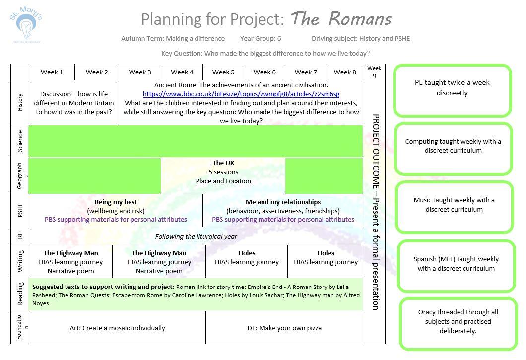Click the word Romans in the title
pos(360,19)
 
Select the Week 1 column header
pos(52,72)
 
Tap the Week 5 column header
pos(223,72)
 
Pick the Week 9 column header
pos(374,72)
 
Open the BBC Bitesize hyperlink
pos(241,94)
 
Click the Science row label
pos(20,141)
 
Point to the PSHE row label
pos(20,210)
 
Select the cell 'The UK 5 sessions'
pos(223,172)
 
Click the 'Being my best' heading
pos(116,202)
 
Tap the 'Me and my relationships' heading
pos(283,202)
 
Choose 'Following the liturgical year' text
pos(196,237)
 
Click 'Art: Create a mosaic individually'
pos(118,328)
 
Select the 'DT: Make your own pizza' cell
pos(284,328)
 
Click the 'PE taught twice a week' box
pos(452,88)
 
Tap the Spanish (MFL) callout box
pos(456,264)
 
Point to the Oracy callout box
pos(458,321)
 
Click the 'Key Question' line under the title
pos(265,53)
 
